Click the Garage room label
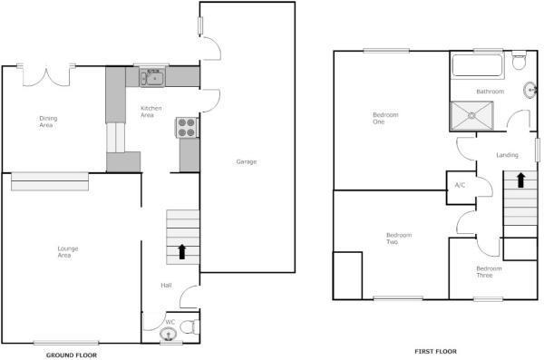click(246, 161)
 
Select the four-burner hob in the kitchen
click(187, 128)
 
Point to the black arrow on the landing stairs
click(522, 179)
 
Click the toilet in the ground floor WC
click(188, 327)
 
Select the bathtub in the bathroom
click(477, 66)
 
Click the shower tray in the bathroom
click(474, 115)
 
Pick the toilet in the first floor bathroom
click(519, 62)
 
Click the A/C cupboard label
click(460, 185)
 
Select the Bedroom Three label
click(489, 271)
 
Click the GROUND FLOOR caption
click(71, 355)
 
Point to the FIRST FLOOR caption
click(435, 351)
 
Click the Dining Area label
click(47, 122)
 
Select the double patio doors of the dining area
click(46, 74)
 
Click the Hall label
click(166, 286)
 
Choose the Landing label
click(508, 155)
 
